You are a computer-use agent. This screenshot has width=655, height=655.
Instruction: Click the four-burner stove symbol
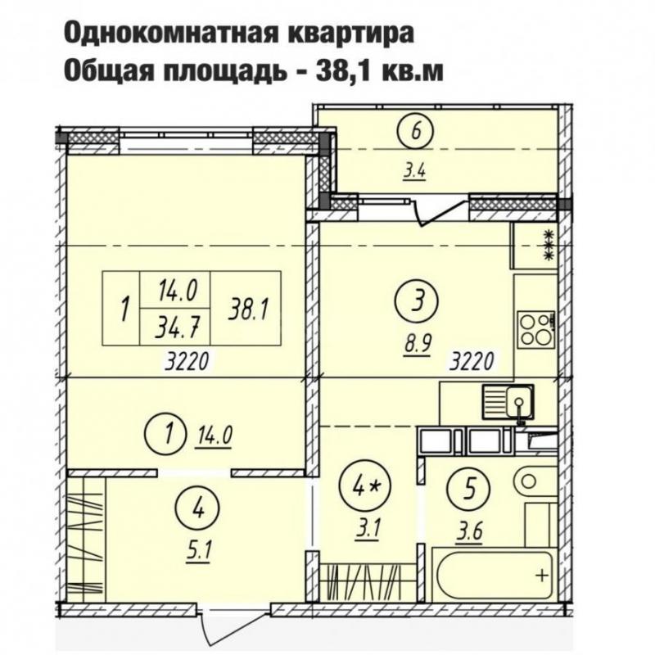click(535, 327)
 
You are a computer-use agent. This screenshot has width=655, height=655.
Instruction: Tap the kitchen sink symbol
click(508, 401)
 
